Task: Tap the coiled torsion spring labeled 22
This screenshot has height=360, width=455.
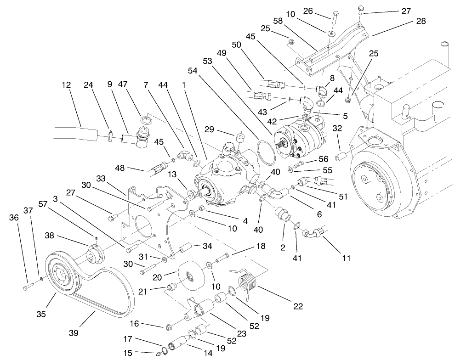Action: click(x=247, y=281)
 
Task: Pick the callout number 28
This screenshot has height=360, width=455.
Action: click(x=421, y=21)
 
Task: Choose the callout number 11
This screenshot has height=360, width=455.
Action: click(x=345, y=258)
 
